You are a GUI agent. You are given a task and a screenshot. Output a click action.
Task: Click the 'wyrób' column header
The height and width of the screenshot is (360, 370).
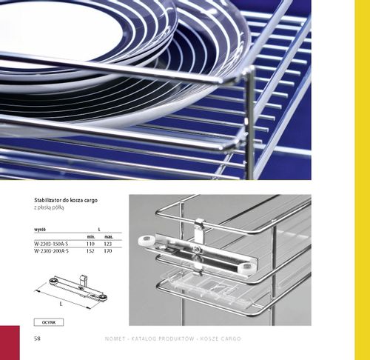(40, 230)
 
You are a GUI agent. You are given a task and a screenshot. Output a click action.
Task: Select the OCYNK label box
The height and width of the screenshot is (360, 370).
(50, 322)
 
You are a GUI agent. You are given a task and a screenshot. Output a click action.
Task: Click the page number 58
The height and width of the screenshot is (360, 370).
(37, 339)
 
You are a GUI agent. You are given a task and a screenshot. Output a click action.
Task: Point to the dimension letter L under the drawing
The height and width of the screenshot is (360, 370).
(61, 303)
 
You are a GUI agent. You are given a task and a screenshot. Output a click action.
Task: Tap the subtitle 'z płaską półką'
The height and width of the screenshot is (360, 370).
(51, 210)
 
